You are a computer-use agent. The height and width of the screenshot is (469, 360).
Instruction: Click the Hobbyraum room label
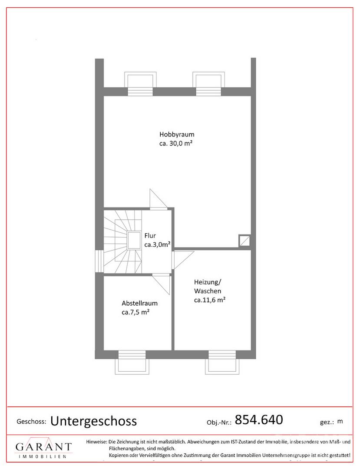click(177, 134)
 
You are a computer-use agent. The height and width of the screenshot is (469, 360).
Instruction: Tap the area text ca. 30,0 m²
click(175, 143)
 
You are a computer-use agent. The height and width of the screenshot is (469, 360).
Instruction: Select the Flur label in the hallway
click(150, 235)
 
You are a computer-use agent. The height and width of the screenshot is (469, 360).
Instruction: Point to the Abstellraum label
click(139, 303)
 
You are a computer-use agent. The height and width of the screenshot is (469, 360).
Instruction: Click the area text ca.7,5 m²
click(135, 312)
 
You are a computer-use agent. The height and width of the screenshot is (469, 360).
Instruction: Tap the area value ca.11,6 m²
click(210, 300)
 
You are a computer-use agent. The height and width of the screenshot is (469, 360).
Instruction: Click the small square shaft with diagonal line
click(244, 241)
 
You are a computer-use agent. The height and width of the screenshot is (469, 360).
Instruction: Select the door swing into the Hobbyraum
click(159, 198)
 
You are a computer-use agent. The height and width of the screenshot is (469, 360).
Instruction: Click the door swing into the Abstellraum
click(161, 284)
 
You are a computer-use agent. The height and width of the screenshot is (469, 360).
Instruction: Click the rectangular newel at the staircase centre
click(134, 241)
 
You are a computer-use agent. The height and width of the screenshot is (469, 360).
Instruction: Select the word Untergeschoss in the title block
click(94, 421)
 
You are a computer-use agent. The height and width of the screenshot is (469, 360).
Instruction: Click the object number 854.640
click(259, 420)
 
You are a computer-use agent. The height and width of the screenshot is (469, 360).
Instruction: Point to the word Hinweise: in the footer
click(96, 442)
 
